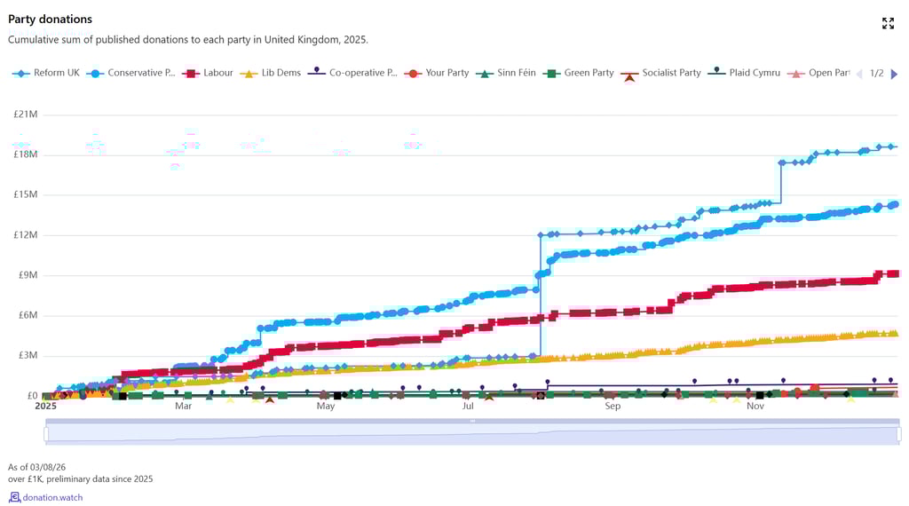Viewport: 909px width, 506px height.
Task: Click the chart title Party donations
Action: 50,19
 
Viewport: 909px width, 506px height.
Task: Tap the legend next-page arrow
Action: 894,74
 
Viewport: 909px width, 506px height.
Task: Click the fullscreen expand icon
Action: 888,23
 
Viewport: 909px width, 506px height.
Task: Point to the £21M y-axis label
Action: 26,115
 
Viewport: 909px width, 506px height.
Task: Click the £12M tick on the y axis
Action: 26,235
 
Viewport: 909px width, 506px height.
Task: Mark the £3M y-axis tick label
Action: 28,355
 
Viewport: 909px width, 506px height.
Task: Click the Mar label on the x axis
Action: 183,407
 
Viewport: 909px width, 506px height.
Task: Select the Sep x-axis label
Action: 613,407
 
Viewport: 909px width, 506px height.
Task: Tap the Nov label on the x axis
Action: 755,407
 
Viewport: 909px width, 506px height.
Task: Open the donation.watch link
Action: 52,497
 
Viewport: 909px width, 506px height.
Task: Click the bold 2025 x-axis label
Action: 45,407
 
